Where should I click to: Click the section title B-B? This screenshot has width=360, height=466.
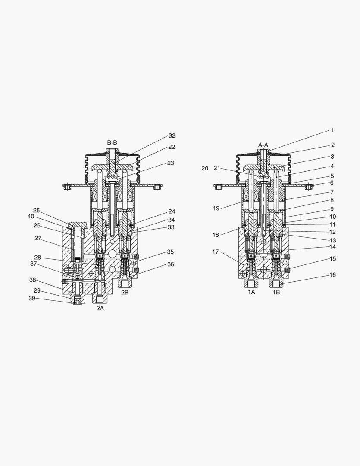click(x=112, y=143)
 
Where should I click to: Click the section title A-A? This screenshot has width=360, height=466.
click(x=263, y=145)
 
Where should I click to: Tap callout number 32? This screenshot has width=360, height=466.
click(x=172, y=136)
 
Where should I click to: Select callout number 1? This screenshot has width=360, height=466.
click(x=332, y=130)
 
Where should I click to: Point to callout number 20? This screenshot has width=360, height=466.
click(x=205, y=169)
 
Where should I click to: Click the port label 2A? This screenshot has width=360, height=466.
click(x=100, y=308)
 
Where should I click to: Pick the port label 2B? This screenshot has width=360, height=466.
click(x=125, y=292)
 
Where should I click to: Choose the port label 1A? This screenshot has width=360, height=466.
click(x=252, y=292)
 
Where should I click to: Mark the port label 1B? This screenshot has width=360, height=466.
click(x=276, y=292)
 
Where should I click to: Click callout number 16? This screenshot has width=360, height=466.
click(x=333, y=275)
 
